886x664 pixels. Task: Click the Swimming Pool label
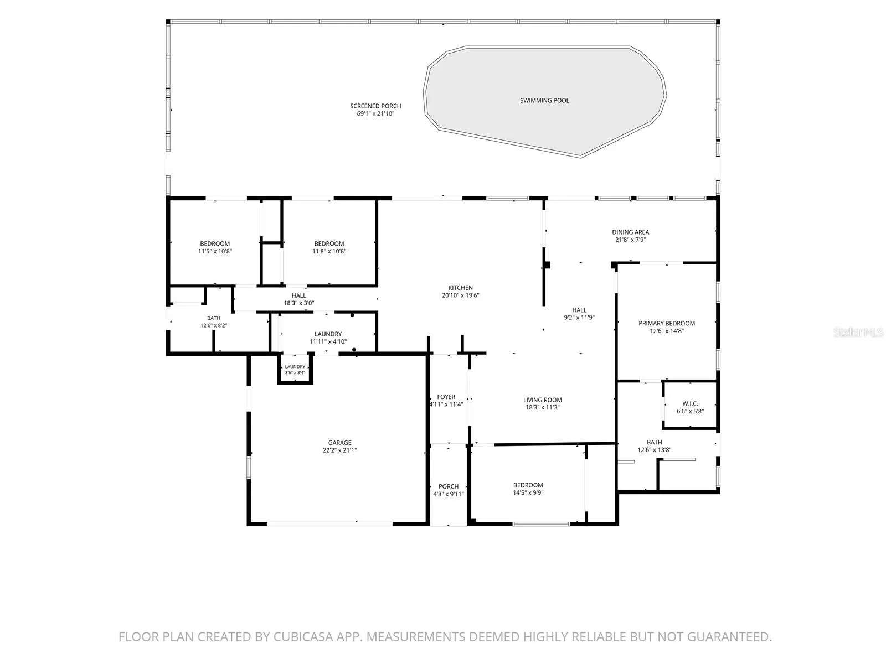pos(544,100)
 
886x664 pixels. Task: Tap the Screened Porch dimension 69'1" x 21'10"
pos(375,113)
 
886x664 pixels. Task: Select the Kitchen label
pos(460,288)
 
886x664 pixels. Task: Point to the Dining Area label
pos(630,232)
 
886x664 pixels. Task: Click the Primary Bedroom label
pos(666,323)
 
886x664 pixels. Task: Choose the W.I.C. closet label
pos(690,403)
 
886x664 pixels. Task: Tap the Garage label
pos(339,443)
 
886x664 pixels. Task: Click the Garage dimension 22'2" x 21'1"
pos(339,450)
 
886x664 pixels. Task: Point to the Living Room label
pos(542,400)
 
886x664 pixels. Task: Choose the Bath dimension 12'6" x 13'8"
pos(654,450)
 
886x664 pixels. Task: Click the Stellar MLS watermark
pos(858,332)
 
